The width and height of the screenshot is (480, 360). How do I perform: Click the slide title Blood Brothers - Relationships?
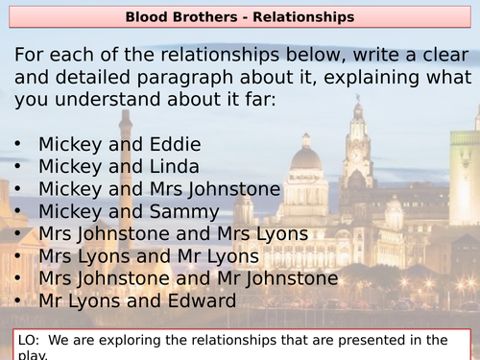[x=240, y=16]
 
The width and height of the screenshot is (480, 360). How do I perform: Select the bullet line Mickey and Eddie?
[x=119, y=145]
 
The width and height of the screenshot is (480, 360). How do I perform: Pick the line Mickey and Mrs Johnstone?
[x=159, y=189]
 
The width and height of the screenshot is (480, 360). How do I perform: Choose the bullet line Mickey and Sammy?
[x=129, y=211]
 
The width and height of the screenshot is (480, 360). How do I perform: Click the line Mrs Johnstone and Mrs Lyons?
[x=173, y=233]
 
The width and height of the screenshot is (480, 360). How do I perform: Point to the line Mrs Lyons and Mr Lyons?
[x=148, y=255]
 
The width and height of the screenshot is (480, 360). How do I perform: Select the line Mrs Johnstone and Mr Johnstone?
[x=188, y=278]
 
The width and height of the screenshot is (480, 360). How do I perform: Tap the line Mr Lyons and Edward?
[x=136, y=300]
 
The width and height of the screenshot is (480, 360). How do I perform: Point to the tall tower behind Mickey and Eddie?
[x=126, y=144]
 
